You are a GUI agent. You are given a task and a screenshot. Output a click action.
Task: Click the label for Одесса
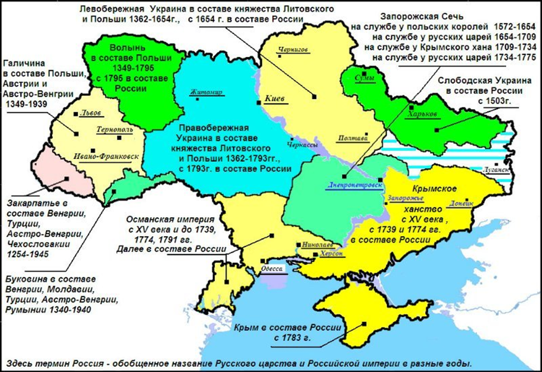coord(273,268)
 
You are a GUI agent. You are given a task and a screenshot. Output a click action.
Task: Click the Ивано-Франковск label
coord(106,158)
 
